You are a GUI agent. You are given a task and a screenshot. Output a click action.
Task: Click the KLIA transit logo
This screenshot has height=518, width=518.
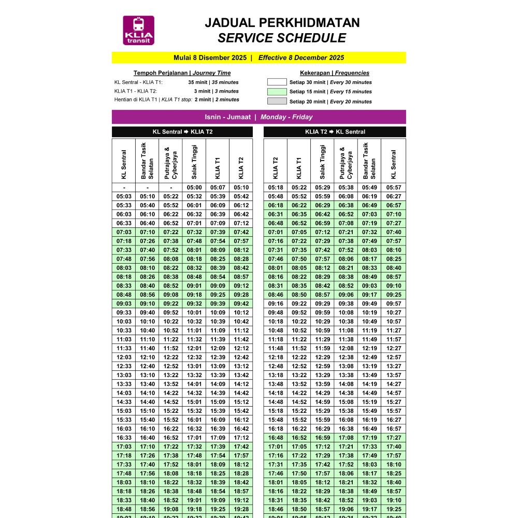pos(138,30)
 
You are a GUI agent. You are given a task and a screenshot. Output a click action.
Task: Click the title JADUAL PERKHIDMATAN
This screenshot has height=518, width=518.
pos(282,23)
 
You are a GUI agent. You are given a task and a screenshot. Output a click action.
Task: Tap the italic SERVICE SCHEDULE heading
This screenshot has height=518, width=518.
pos(282,38)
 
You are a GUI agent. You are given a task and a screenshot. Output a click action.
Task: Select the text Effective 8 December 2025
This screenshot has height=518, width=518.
pos(301,58)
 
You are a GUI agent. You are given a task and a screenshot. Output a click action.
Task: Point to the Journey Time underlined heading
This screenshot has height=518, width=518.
pos(211,73)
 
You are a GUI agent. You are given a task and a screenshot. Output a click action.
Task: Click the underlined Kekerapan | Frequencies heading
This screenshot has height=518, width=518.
pos(335,73)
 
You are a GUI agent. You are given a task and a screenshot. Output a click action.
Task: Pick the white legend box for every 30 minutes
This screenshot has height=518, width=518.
pos(277,82)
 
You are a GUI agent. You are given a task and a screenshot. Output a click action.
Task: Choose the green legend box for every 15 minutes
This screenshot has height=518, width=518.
pos(277,92)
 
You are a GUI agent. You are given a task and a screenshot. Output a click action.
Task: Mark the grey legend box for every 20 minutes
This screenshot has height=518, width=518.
pos(277,102)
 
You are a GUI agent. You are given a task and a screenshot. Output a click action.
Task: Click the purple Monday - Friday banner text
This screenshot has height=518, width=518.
pos(286,117)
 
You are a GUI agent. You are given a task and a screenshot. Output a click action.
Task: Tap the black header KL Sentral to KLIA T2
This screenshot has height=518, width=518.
pos(182,132)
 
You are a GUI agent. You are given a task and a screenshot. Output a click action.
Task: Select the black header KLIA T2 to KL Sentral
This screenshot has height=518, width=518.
pos(335,132)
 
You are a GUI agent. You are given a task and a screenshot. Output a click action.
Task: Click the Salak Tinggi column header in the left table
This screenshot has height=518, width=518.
pos(194,161)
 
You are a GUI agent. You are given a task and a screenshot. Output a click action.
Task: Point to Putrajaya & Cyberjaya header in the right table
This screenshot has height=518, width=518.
pos(346,161)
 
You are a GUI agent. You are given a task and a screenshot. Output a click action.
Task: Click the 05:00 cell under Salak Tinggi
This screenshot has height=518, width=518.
pos(194,188)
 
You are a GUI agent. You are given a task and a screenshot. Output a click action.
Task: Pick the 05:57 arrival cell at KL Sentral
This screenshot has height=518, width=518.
pos(394,188)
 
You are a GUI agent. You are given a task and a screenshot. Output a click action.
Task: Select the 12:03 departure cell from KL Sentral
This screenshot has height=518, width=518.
pos(124,357)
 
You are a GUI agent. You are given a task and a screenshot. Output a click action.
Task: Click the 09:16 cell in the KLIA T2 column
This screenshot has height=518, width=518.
pos(276,304)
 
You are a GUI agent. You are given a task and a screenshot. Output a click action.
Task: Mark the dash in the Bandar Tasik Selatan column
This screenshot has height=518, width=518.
pos(148,188)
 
